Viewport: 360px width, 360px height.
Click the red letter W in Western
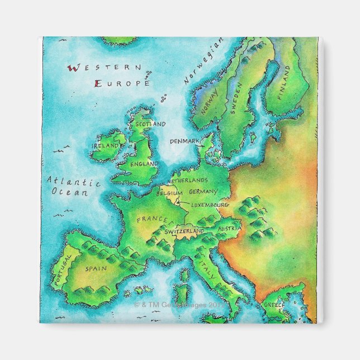click(71, 69)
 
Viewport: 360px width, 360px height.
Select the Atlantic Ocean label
click(73, 187)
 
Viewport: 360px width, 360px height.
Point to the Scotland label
click(150, 124)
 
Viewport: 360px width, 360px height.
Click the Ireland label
click(106, 145)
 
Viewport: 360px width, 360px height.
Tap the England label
click(144, 164)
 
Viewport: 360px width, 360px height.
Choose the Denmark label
click(184, 141)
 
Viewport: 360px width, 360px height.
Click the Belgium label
click(169, 193)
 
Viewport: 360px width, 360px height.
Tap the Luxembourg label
click(210, 205)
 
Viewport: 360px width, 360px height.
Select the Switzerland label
click(184, 231)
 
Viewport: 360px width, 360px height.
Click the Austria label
click(230, 229)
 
